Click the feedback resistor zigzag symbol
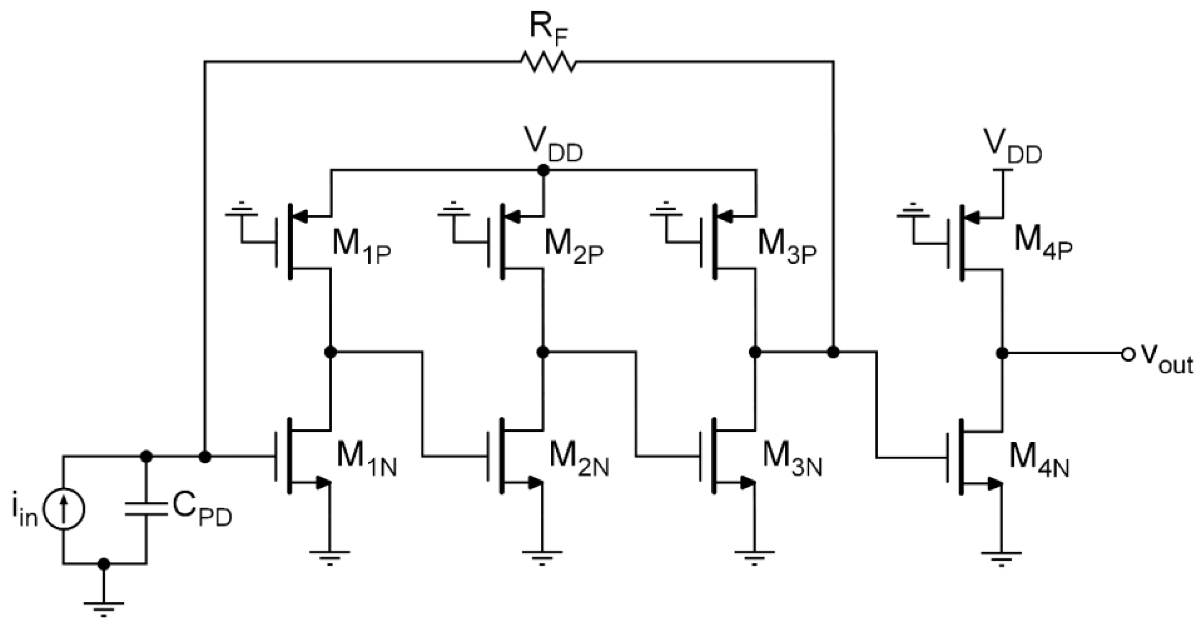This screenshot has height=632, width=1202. pos(548,62)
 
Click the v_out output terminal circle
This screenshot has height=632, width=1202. pos(1127,354)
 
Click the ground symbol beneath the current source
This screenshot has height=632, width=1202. pos(103,607)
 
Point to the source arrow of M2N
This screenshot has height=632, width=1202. pos(534,483)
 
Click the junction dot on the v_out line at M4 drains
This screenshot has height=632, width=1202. pos(1001,353)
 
